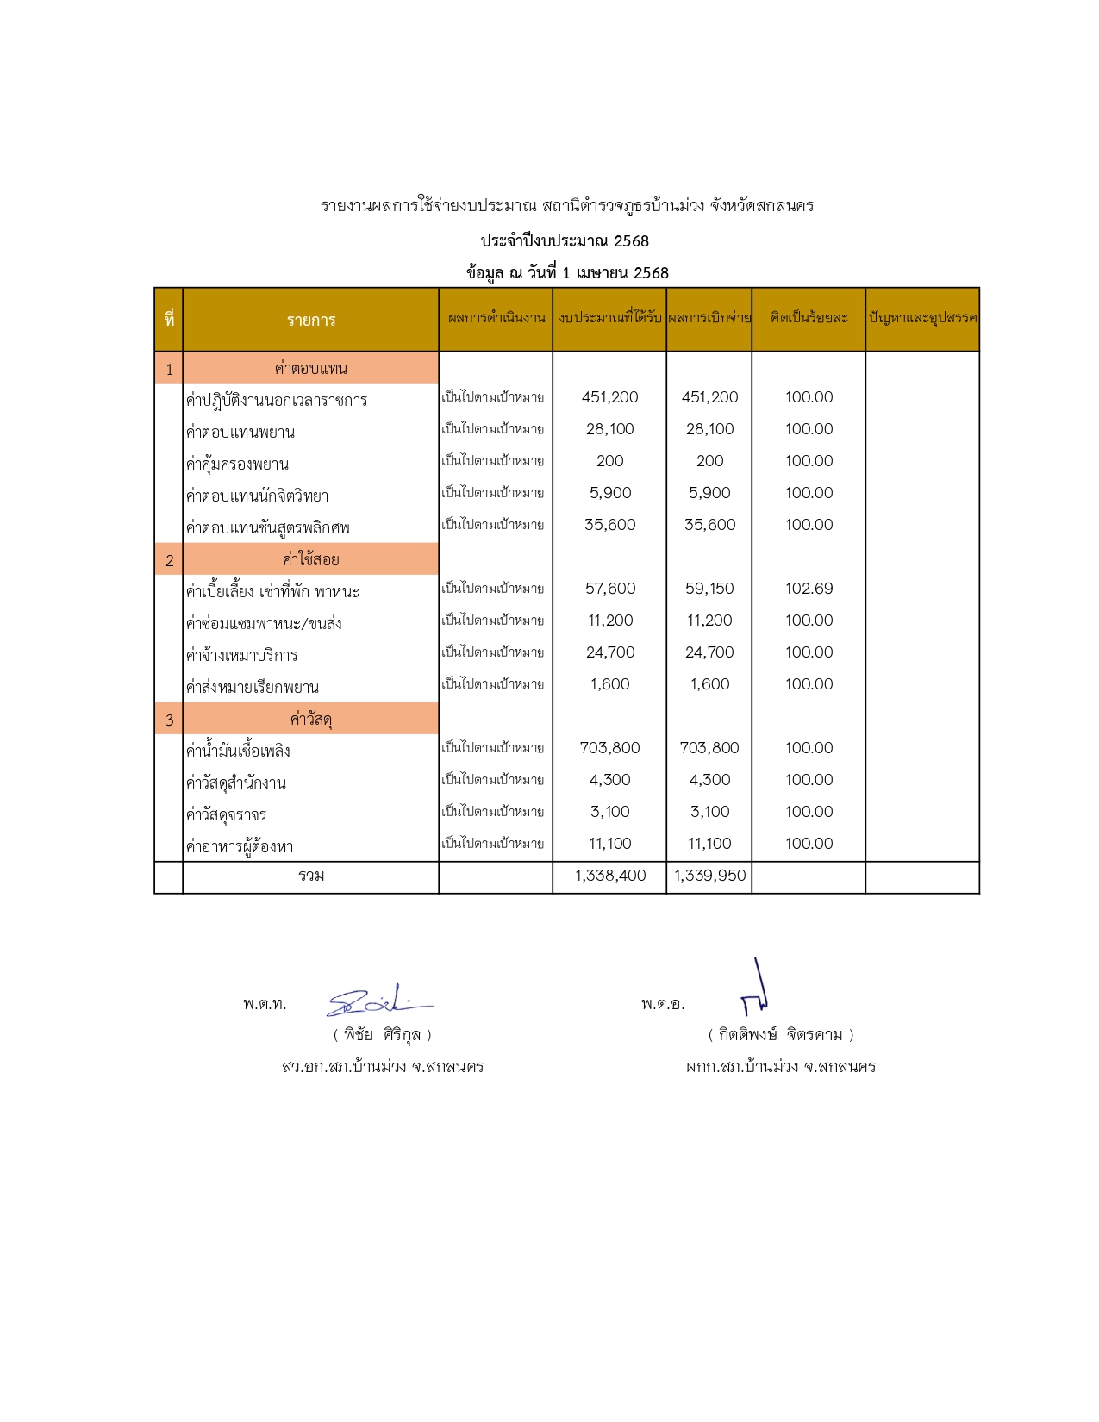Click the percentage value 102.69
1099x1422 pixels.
(809, 589)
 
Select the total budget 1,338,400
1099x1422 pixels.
(610, 876)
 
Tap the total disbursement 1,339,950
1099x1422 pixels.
(709, 876)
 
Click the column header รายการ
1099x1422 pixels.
(311, 320)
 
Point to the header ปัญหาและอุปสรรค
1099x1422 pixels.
(922, 317)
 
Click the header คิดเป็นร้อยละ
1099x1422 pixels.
(809, 317)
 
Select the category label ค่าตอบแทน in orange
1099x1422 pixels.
(311, 368)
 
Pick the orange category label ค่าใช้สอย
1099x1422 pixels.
(311, 559)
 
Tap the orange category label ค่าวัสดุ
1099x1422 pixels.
(311, 719)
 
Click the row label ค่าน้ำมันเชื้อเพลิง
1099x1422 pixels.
(238, 751)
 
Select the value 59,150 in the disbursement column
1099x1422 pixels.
(709, 589)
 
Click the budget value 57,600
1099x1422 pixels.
(610, 589)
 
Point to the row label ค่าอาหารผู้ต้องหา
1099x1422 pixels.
(240, 846)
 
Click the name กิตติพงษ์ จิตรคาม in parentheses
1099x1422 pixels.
(780, 1034)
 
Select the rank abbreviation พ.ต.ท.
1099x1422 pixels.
(265, 1004)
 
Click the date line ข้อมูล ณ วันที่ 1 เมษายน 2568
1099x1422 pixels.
(567, 273)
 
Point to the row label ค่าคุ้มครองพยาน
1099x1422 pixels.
(237, 464)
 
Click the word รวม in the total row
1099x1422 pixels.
(311, 876)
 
